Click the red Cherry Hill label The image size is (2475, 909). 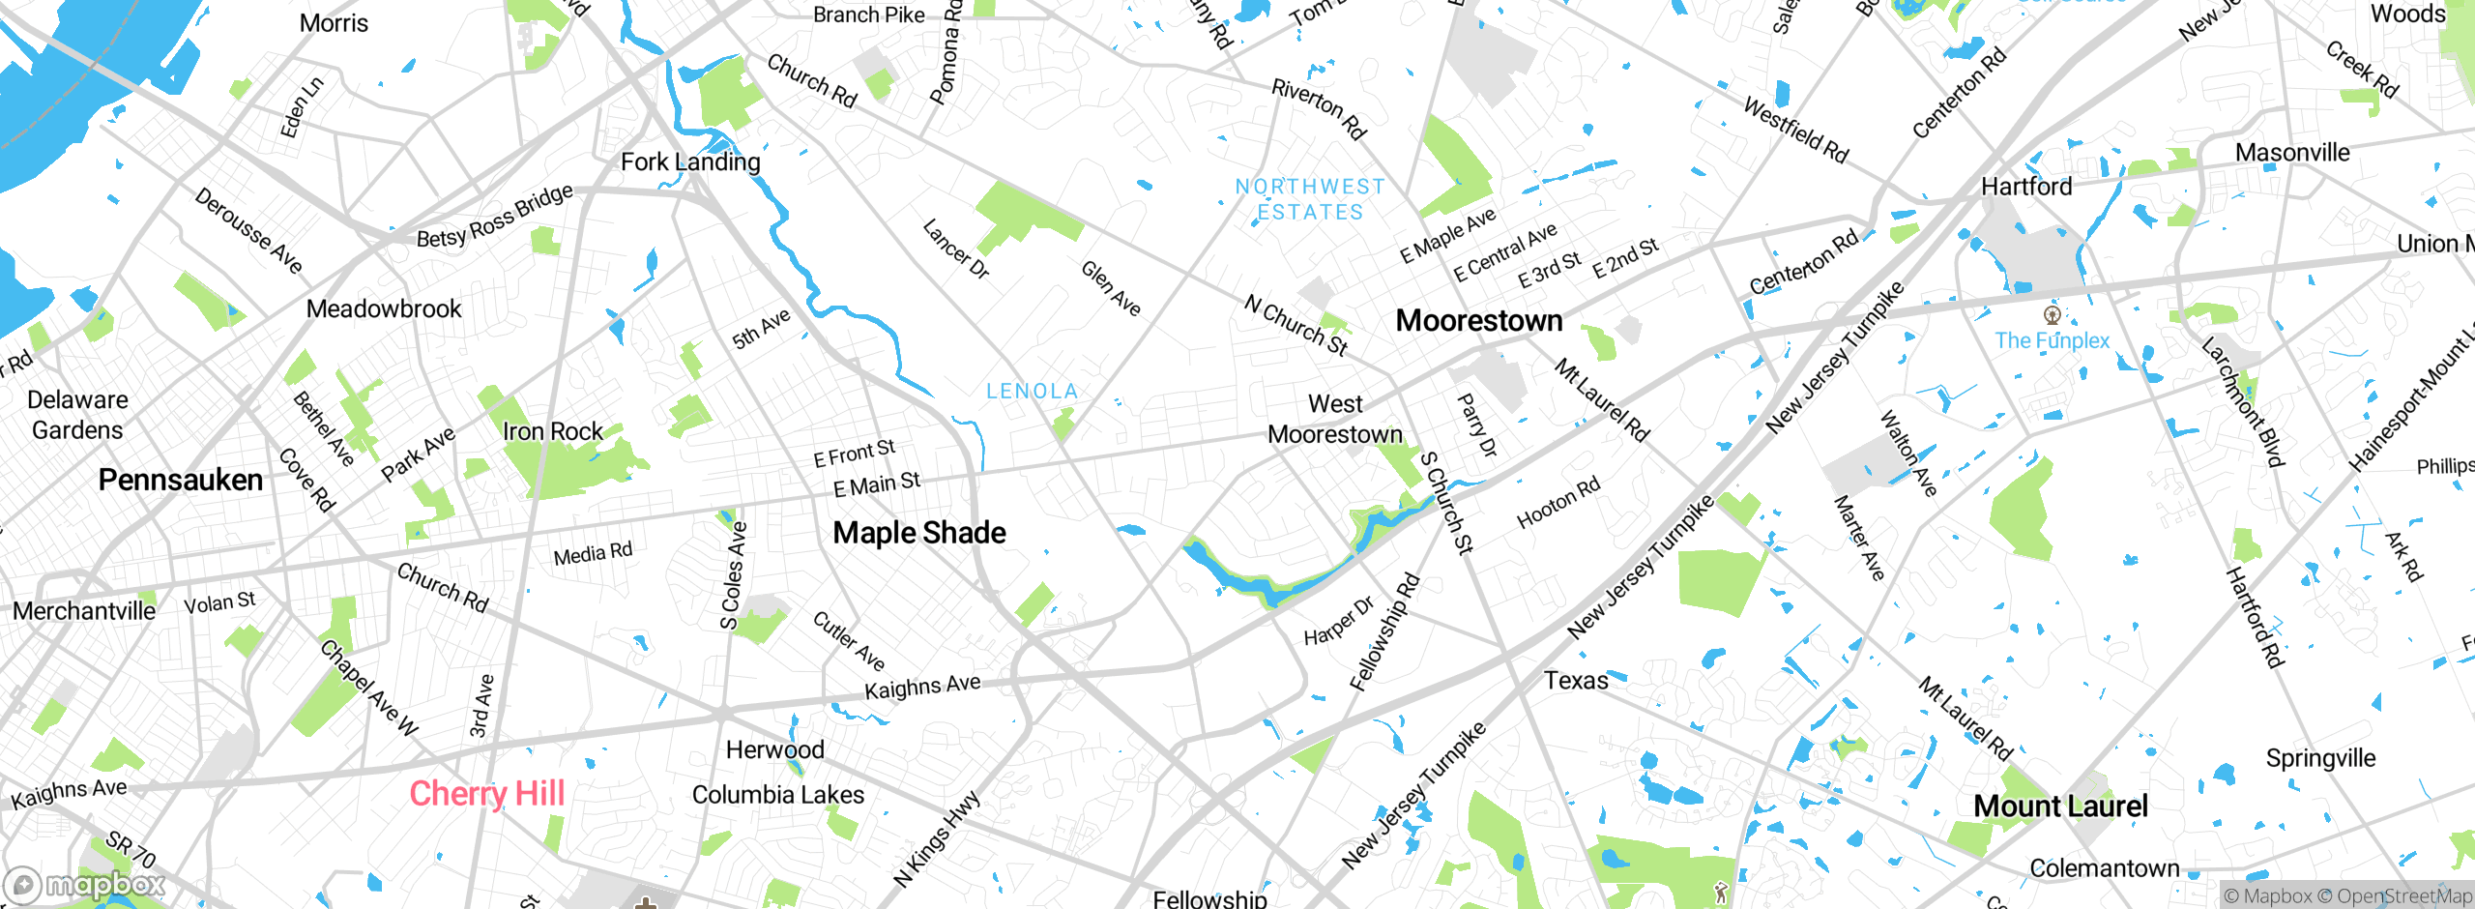pos(486,793)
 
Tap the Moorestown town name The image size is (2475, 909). pos(1478,320)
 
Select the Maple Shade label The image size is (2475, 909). pos(918,532)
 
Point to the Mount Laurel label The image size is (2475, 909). pos(2060,806)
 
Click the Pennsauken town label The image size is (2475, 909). pos(181,480)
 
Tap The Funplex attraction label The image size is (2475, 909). pos(2052,340)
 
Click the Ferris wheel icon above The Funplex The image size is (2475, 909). pos(2052,314)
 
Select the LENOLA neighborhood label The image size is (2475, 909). pos(1032,391)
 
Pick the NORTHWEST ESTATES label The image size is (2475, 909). pos(1310,199)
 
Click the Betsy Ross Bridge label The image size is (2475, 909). pos(494,217)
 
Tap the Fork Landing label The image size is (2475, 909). pos(690,161)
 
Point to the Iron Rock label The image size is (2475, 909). pos(552,431)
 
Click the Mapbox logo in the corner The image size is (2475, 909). pos(85,885)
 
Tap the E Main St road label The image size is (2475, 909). pos(877,484)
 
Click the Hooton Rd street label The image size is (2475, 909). pos(1558,502)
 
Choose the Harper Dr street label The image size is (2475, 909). pos(1338,622)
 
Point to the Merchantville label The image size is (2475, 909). pos(84,611)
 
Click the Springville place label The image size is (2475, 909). pos(2320,758)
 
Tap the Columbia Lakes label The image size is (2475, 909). pos(778,795)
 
